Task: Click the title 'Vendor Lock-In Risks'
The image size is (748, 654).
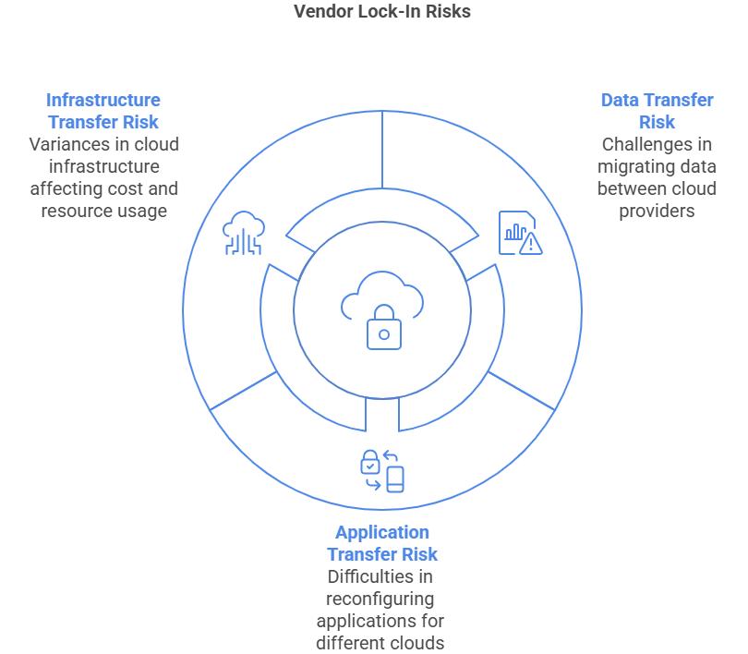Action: [x=382, y=12]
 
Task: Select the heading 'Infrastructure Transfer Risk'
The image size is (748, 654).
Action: [x=103, y=111]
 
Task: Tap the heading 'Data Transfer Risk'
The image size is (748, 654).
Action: [x=657, y=111]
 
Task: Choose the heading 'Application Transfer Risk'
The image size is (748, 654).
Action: [x=381, y=543]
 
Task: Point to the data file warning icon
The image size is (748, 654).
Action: [x=519, y=232]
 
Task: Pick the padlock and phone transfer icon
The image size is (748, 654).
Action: [x=382, y=470]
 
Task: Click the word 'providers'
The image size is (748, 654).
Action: [x=658, y=211]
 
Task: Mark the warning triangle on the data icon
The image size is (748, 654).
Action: [x=530, y=245]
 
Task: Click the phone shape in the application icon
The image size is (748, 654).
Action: [x=395, y=479]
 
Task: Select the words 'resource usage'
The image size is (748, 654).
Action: [x=103, y=211]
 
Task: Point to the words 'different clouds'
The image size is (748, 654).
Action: [x=380, y=643]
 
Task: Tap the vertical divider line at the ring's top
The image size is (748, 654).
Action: [x=382, y=152]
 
